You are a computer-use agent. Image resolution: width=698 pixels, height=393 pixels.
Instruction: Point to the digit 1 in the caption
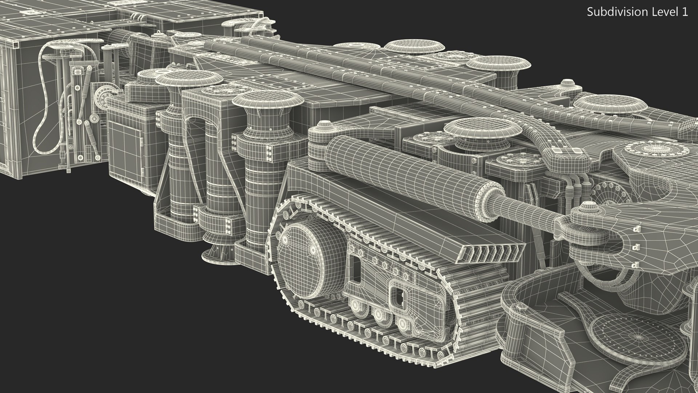pos(685,12)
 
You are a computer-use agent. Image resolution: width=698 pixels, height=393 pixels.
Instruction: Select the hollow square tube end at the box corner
pos(16,44)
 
